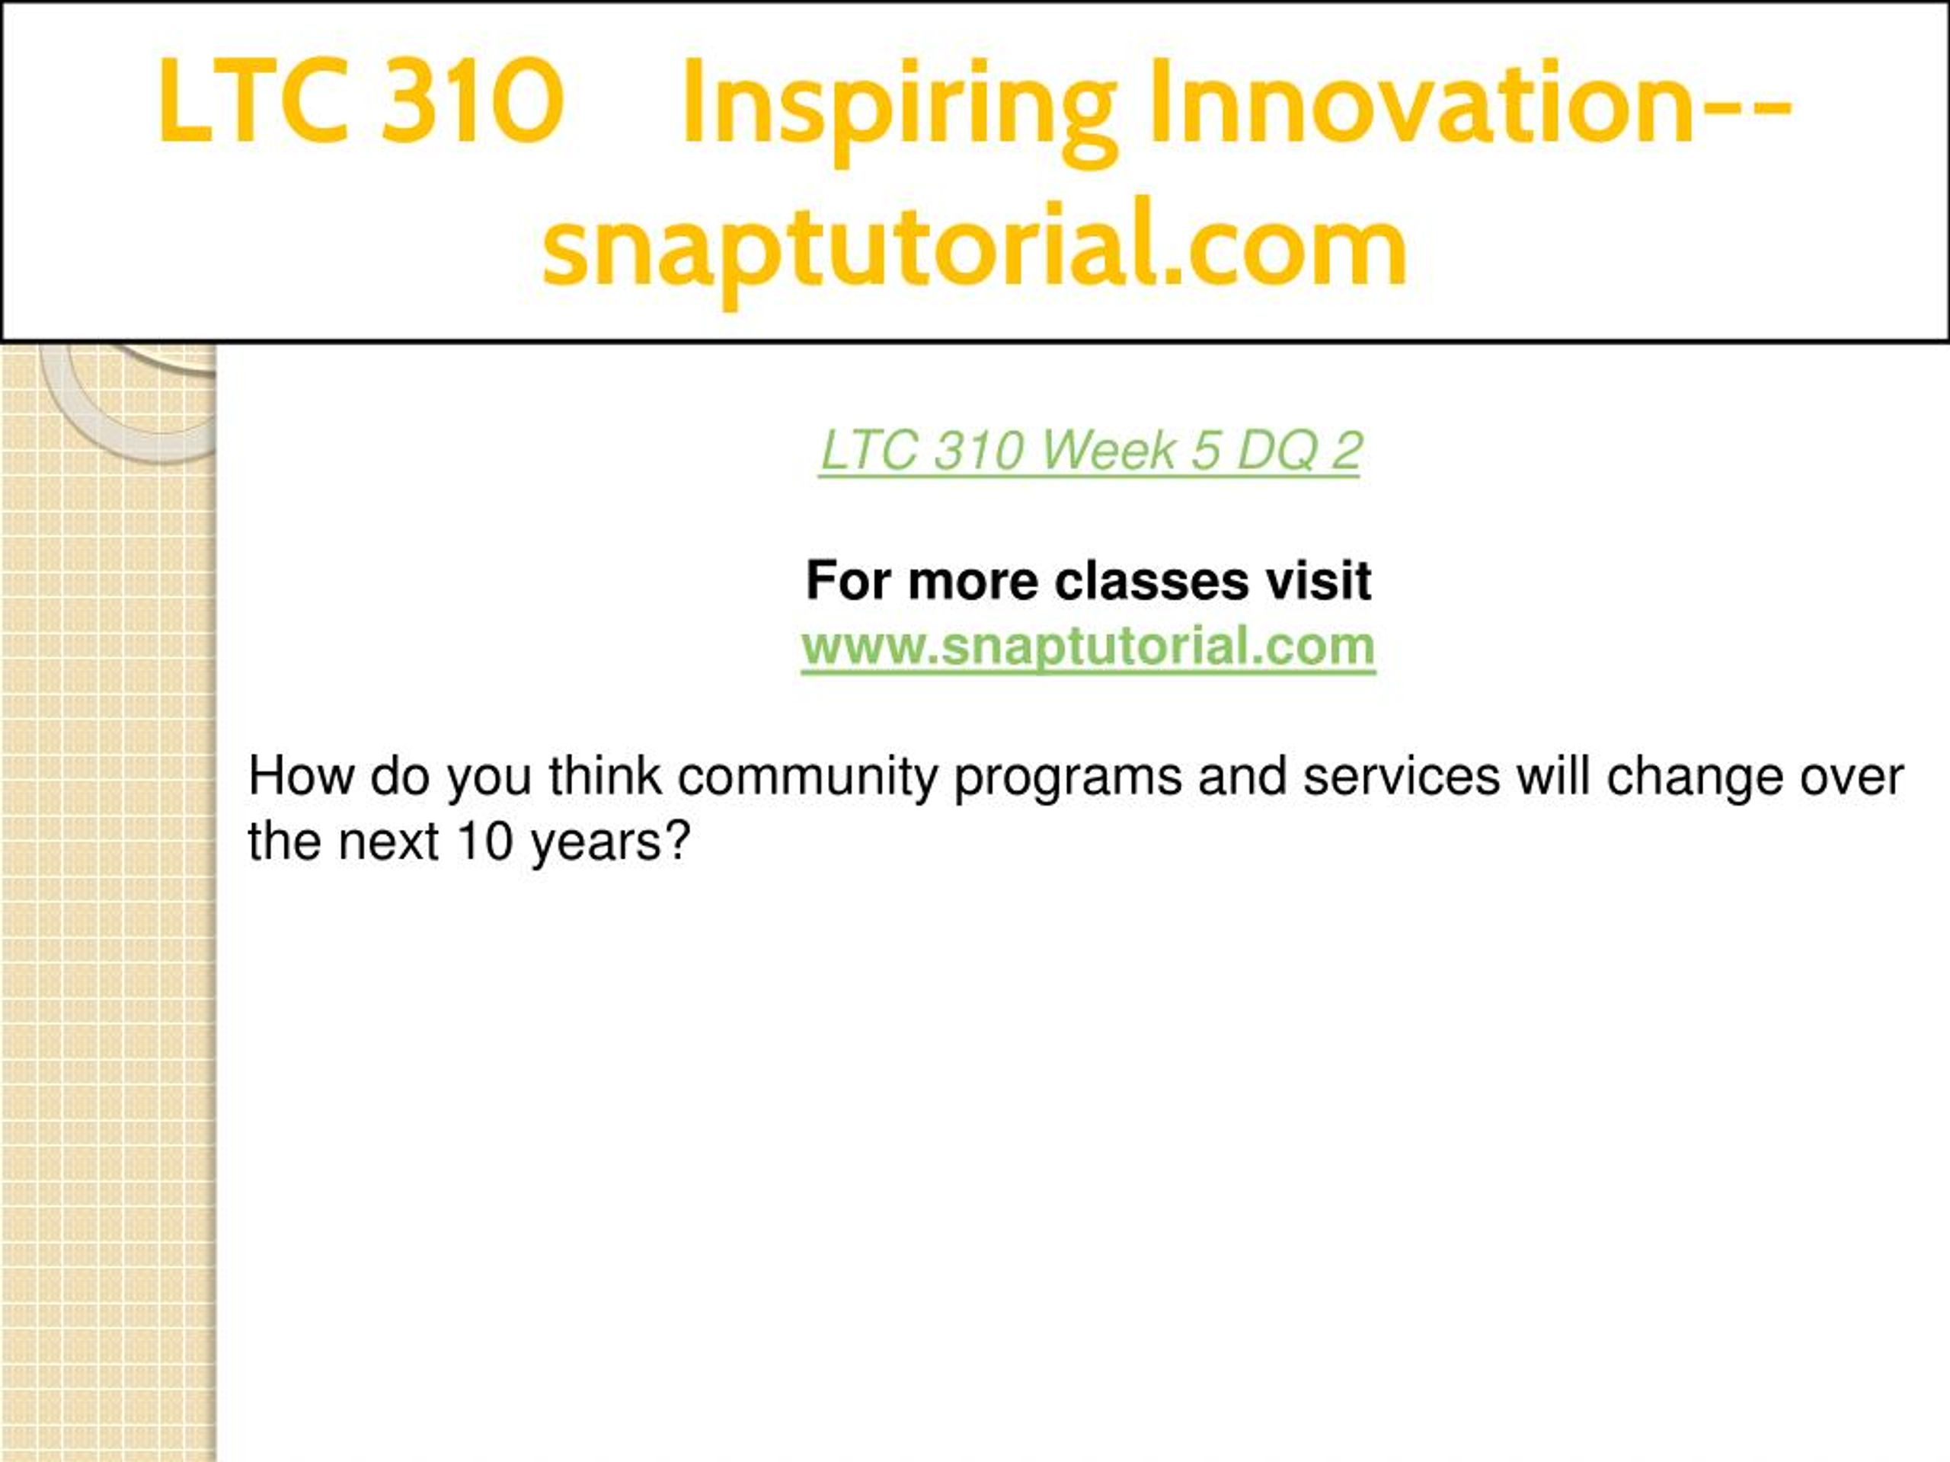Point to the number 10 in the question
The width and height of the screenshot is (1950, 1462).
click(485, 841)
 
